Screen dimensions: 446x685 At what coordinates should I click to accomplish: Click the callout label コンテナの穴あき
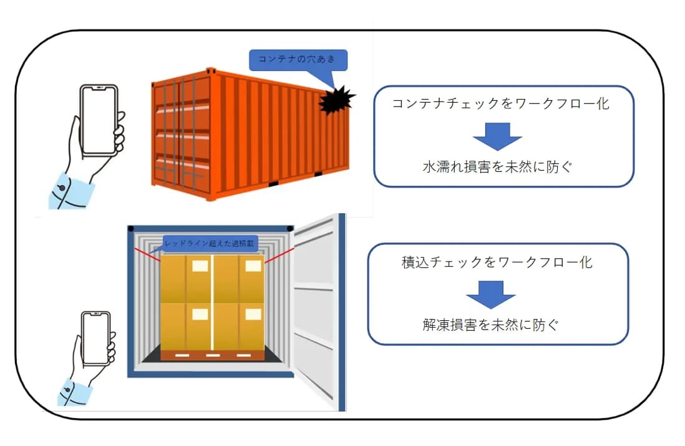[298, 60]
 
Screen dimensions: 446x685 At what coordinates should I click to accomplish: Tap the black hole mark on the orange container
[336, 101]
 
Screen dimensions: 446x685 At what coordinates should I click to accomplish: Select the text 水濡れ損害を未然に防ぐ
[497, 166]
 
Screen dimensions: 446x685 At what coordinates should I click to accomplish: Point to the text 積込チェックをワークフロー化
[497, 262]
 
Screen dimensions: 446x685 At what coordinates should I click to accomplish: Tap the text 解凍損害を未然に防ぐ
[497, 325]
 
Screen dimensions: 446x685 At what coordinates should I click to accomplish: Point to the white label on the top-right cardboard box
[253, 266]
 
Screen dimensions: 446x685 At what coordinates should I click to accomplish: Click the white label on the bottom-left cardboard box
[200, 313]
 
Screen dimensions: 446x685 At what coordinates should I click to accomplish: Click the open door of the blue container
[318, 311]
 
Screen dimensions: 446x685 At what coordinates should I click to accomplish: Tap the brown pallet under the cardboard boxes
[212, 354]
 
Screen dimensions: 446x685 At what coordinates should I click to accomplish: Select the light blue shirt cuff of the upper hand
[70, 191]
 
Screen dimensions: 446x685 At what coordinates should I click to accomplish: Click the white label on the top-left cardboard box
[200, 266]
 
